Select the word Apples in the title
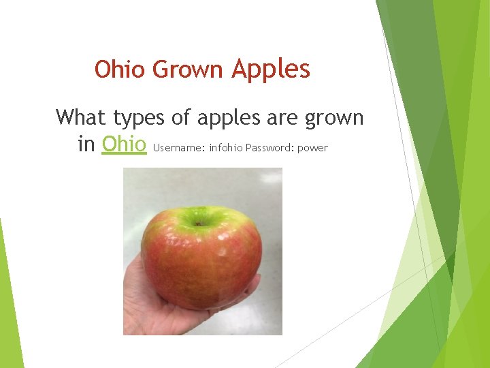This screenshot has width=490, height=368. pyautogui.click(x=271, y=69)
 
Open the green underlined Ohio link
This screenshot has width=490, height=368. pyautogui.click(x=124, y=144)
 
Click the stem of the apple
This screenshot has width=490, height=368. pyautogui.click(x=198, y=222)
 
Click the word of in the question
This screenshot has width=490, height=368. pyautogui.click(x=181, y=117)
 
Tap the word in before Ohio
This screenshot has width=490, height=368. pyautogui.click(x=86, y=144)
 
